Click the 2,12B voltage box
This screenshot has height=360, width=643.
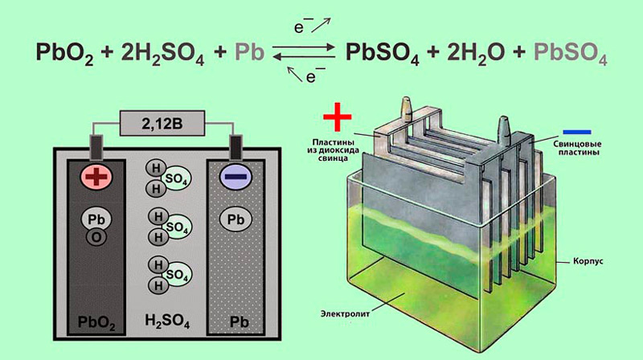(x=162, y=123)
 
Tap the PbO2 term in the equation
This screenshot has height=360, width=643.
(x=65, y=54)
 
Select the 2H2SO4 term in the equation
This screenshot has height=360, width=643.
(x=163, y=54)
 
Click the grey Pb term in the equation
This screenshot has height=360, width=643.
(x=249, y=52)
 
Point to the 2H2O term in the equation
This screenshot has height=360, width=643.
(x=476, y=54)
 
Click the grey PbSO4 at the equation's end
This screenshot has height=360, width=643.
(x=571, y=54)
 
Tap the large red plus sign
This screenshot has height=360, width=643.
(x=338, y=117)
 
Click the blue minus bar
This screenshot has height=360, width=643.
(x=577, y=132)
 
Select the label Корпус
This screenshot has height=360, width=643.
(x=588, y=261)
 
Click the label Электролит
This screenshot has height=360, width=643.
(x=345, y=314)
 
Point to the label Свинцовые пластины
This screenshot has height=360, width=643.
(x=577, y=148)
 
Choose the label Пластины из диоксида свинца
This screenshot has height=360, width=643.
(x=333, y=150)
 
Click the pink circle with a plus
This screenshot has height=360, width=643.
(x=96, y=177)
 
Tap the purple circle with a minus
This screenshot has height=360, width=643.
(x=235, y=177)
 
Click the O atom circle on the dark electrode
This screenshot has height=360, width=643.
(x=96, y=237)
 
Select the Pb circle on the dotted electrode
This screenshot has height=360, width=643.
(x=235, y=219)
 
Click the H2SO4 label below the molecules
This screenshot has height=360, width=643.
(x=167, y=321)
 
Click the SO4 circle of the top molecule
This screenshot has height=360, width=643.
(x=176, y=178)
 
